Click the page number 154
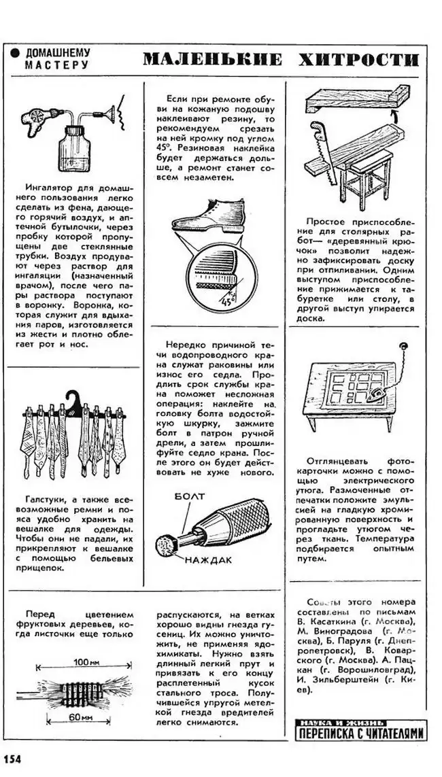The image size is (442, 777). click(12, 759)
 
